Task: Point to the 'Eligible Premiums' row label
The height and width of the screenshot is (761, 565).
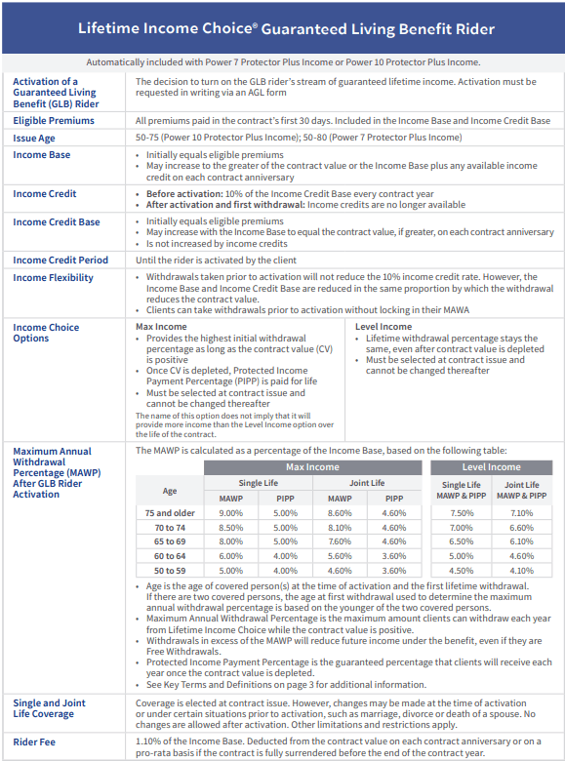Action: [54, 121]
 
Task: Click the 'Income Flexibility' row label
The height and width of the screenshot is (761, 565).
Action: [53, 278]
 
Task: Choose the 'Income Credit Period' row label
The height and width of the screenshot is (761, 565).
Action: [61, 260]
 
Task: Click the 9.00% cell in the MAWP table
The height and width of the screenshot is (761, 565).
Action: [230, 512]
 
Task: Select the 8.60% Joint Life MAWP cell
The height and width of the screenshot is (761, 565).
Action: [338, 512]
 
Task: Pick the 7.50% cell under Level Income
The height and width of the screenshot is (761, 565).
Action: [462, 512]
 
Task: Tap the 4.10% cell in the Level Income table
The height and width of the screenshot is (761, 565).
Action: [521, 571]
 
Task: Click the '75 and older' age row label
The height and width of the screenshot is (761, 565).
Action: [170, 512]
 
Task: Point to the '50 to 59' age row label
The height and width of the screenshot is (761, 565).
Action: [170, 571]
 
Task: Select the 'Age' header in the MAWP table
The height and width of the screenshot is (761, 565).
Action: [170, 491]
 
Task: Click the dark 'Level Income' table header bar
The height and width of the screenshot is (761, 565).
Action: [491, 467]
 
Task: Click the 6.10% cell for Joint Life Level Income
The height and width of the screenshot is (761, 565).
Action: [521, 541]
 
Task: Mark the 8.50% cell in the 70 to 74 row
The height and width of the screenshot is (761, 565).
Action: [230, 527]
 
